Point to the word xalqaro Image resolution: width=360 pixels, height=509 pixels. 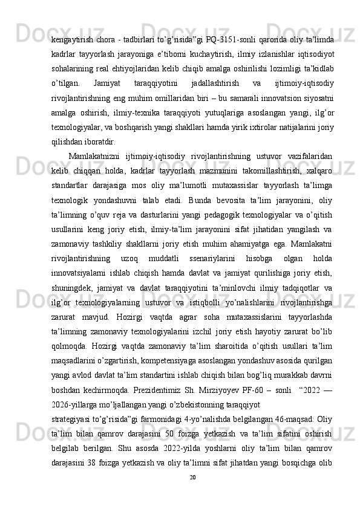tap(318, 170)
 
